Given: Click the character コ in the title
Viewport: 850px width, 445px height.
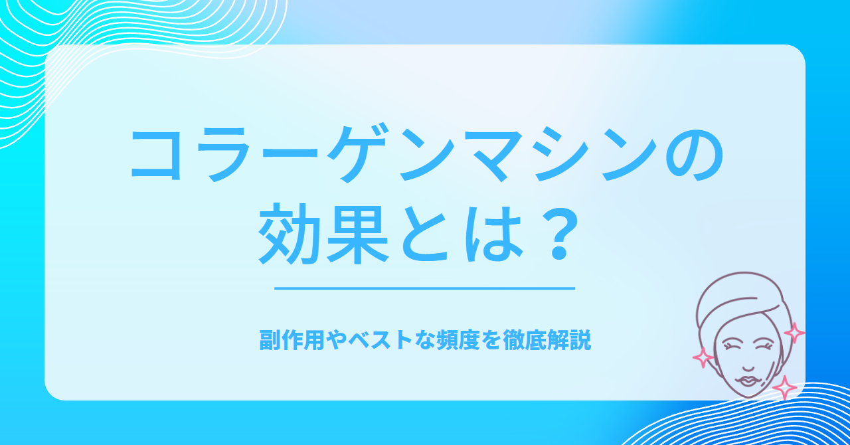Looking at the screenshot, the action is tap(156, 155).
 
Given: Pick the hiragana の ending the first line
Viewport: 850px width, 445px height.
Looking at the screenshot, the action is tap(695, 155).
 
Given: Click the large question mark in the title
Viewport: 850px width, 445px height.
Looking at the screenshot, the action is tap(559, 234).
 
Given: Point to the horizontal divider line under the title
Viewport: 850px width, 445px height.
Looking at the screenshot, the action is tap(424, 288).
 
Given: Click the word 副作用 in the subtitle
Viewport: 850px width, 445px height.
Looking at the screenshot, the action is tap(292, 341).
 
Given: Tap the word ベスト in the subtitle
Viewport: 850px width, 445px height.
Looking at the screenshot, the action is tap(381, 341).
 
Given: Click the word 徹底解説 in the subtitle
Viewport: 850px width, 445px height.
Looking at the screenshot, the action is tap(547, 341).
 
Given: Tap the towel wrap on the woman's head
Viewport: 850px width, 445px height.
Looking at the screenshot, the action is tap(740, 300).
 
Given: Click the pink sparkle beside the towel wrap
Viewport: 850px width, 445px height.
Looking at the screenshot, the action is tap(794, 333).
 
